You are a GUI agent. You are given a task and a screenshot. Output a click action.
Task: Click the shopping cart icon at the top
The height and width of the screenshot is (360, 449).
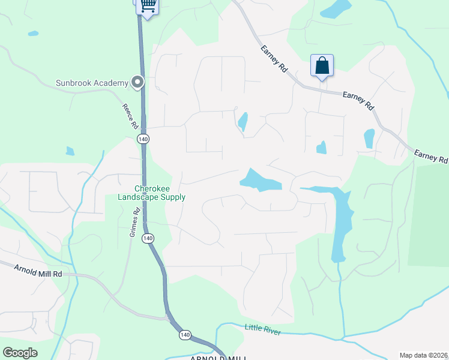pyautogui.click(x=148, y=7)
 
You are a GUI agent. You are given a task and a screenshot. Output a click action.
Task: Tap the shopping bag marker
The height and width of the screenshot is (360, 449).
pyautogui.click(x=322, y=65)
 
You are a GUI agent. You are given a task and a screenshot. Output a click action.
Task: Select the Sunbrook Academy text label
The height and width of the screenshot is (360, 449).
pyautogui.click(x=92, y=83)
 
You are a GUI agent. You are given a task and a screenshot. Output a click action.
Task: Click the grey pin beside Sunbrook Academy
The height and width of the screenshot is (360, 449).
pyautogui.click(x=138, y=82)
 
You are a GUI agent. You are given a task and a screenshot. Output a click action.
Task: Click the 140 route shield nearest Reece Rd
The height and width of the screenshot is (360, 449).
pyautogui.click(x=143, y=139)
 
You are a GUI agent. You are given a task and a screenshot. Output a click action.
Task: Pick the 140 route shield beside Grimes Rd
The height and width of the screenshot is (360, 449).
pyautogui.click(x=148, y=238)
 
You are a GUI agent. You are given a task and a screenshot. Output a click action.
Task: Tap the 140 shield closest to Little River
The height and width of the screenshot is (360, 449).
pyautogui.click(x=185, y=334)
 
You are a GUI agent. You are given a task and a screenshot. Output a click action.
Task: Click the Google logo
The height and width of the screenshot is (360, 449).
pyautogui.click(x=20, y=352)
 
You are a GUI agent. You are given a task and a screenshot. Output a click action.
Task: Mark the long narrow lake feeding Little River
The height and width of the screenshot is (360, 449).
pyautogui.click(x=340, y=222)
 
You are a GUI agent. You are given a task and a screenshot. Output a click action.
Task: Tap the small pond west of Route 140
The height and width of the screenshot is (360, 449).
pyautogui.click(x=70, y=151)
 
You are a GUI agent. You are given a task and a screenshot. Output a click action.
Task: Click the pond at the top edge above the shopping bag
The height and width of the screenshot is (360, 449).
pyautogui.click(x=336, y=8)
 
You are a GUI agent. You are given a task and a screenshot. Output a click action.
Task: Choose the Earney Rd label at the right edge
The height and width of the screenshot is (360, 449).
pyautogui.click(x=431, y=158)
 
